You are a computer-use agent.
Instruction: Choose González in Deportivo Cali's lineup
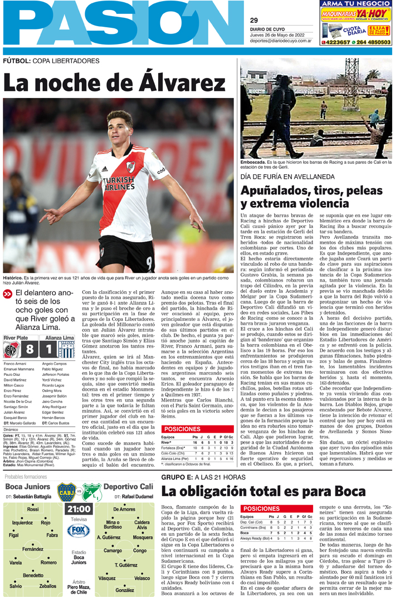(124, 590)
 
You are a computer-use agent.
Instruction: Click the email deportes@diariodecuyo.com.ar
(280, 40)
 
